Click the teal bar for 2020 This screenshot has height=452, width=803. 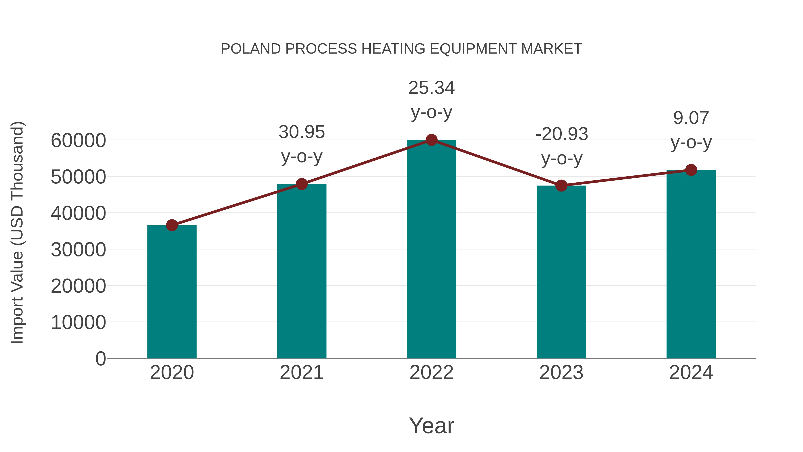[x=172, y=292]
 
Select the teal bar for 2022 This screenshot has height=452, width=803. [x=431, y=250]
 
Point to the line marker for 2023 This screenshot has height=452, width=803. [x=561, y=186]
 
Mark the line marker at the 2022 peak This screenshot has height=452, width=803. [x=431, y=140]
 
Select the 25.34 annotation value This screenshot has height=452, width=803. [x=431, y=88]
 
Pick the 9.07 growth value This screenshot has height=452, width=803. [x=691, y=118]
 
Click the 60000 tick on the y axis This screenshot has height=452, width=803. [x=78, y=140]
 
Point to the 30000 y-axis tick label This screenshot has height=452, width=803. [x=78, y=250]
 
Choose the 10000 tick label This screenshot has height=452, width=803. [x=78, y=322]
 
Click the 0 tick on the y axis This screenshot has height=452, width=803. [x=101, y=358]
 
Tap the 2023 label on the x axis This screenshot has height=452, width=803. [x=561, y=373]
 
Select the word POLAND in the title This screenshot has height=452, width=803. [x=251, y=49]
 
